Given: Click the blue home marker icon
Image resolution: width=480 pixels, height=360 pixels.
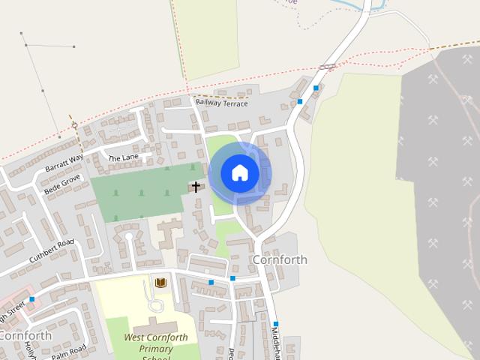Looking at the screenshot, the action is [239, 173].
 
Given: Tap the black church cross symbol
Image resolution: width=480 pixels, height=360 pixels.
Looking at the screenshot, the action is [196, 186].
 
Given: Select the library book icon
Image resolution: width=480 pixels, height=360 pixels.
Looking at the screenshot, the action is [160, 283].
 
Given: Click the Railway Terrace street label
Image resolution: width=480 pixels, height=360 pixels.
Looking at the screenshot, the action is [220, 103].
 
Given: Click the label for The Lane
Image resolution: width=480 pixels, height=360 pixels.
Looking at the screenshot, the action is [124, 158].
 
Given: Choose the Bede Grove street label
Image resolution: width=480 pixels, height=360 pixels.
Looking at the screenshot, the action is [62, 184].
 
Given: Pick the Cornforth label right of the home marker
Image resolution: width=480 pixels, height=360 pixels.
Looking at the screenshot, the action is [280, 259].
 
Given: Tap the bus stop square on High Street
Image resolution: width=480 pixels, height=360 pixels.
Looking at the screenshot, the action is [31, 299].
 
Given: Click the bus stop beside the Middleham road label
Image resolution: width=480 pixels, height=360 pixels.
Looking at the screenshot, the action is [275, 324].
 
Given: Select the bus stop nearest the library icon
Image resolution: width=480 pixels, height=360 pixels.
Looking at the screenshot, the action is [211, 283].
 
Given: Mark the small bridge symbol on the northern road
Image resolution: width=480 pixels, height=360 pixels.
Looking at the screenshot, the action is [327, 67].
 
